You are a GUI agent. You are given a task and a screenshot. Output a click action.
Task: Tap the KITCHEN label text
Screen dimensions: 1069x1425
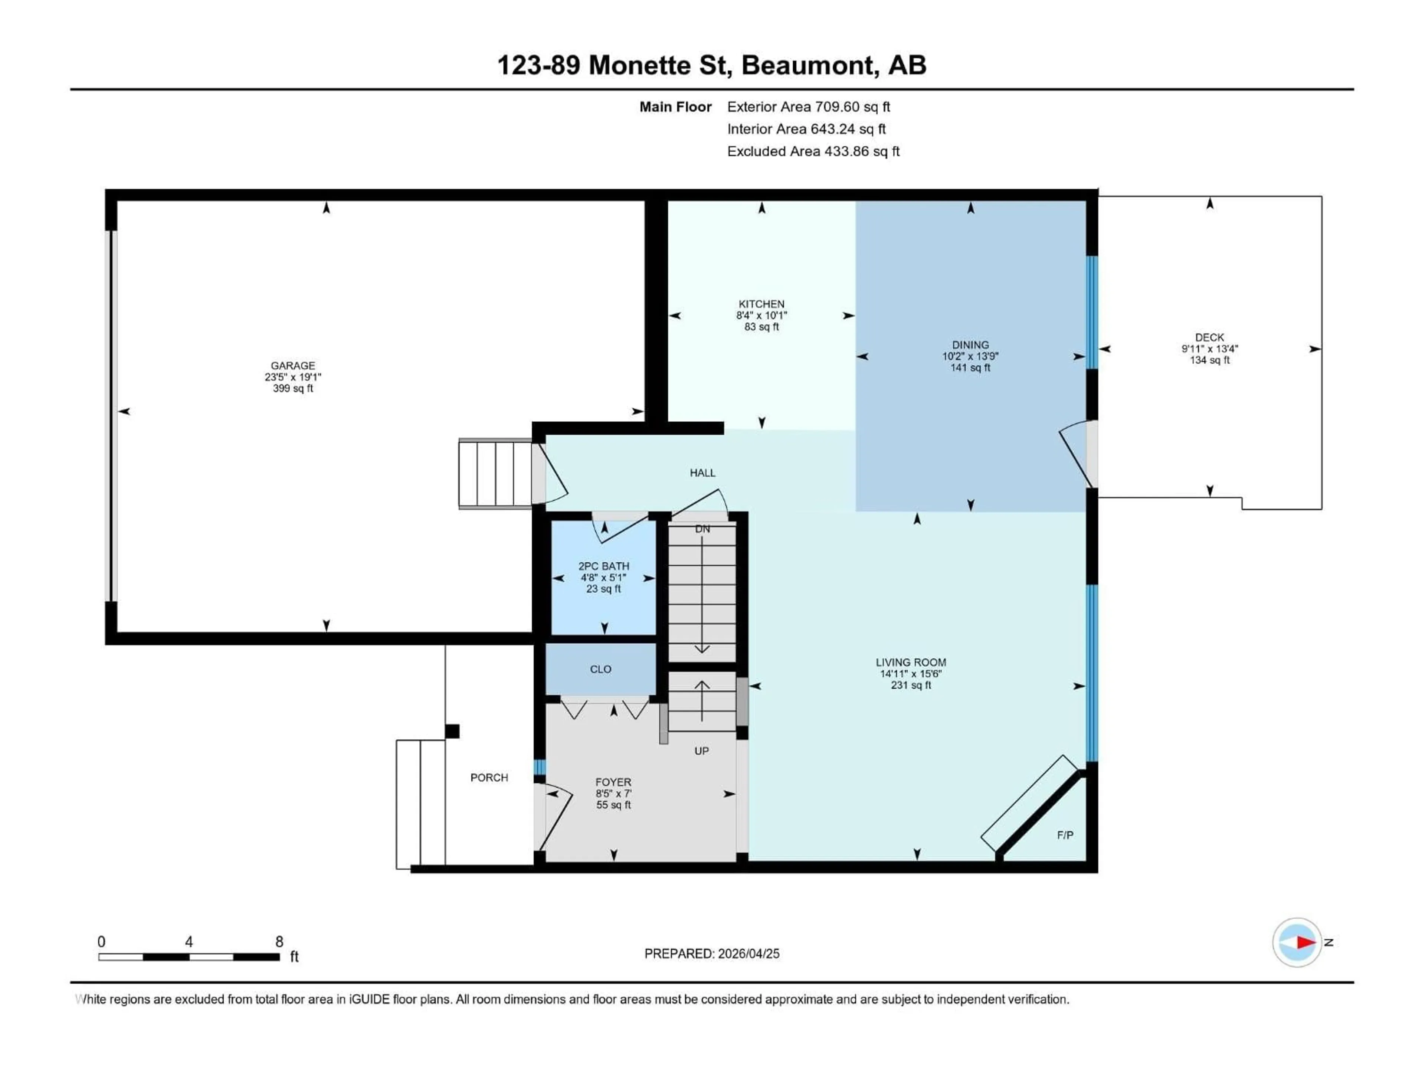coord(761,304)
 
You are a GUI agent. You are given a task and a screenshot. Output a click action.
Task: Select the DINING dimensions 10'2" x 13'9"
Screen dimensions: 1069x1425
coord(970,356)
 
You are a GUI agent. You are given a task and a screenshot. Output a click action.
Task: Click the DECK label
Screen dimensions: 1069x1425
coord(1209,337)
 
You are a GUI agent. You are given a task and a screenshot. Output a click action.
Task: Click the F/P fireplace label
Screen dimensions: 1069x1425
coord(1065,835)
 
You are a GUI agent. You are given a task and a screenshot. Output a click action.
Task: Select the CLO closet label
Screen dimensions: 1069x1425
coord(600,670)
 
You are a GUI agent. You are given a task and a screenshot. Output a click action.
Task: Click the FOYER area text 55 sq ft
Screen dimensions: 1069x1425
coord(613,805)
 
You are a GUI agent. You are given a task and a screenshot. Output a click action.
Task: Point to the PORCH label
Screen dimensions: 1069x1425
coord(489,778)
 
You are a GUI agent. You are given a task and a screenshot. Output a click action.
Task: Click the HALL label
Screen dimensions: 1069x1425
coord(702,473)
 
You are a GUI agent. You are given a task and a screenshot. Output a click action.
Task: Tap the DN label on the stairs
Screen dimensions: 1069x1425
coord(702,529)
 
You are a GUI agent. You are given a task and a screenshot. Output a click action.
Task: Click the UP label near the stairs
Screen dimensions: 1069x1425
coord(701,751)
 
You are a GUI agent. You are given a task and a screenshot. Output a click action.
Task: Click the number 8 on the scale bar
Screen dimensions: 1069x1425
coord(279,941)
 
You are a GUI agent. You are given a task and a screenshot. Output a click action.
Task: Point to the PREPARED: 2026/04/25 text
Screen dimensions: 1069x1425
coord(712,954)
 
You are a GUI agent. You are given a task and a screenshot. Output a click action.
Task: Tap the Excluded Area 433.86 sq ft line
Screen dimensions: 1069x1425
coord(813,151)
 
